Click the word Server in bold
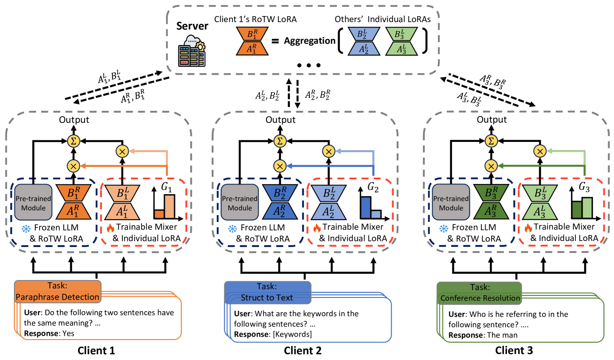point(192,26)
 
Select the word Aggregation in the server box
point(310,41)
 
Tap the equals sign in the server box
point(275,41)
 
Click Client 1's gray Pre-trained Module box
point(33,203)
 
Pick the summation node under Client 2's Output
point(280,141)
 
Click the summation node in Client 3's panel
point(491,141)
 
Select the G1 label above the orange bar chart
point(167,187)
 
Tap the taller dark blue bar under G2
point(365,207)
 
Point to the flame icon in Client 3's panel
point(528,228)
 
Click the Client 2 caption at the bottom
point(303,351)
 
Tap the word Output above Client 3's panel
point(492,120)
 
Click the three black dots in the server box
point(309,65)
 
